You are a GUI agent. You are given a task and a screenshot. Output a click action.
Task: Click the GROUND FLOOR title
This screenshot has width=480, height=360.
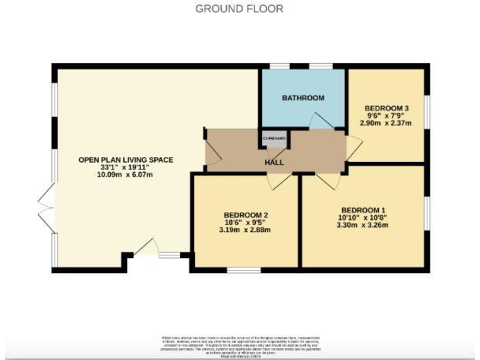coord(239,9)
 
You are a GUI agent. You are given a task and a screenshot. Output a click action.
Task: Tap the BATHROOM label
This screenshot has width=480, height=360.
coord(303,98)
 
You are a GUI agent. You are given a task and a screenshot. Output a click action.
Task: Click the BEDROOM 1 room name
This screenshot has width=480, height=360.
coord(363,209)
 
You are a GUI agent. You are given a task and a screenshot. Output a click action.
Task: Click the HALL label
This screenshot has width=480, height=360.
coord(274,162)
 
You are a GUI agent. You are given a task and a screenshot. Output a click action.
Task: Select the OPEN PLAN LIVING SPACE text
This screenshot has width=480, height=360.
coord(125,160)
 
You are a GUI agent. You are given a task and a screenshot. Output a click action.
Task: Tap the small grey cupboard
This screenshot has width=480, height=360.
coord(274,140)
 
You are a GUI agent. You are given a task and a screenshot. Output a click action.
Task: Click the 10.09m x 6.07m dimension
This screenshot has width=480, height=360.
coord(125,175)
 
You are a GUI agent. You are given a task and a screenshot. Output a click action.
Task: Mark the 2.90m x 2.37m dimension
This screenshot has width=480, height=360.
coord(386,123)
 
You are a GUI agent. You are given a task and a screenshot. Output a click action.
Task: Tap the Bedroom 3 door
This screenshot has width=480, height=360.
coord(354,146)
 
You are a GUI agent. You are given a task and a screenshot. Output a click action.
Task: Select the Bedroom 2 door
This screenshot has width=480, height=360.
coord(278,181)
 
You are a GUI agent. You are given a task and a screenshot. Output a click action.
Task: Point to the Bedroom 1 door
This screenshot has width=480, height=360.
coord(327,180)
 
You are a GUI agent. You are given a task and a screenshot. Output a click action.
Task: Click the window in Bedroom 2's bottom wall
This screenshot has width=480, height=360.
coord(244,270)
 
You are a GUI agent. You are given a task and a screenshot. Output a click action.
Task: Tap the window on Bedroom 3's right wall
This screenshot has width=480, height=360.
coord(428,112)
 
